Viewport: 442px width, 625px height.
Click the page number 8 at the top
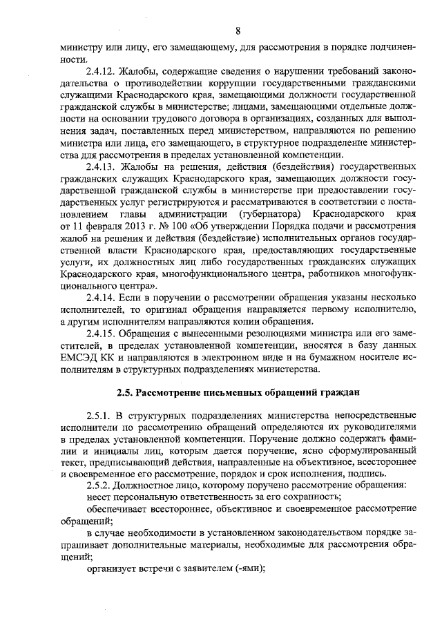tap(237, 31)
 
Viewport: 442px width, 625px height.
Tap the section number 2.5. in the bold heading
tap(125, 393)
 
